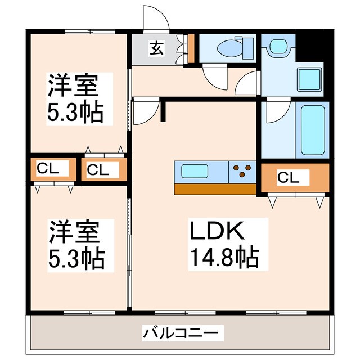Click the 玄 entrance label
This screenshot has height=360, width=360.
tap(156, 48)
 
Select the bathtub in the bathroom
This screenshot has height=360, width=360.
tap(313, 130)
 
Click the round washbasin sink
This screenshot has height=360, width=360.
tap(278, 47)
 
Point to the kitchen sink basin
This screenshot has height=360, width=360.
tap(195, 171)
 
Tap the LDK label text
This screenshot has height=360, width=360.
tap(217, 231)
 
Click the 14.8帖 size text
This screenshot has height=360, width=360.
tap(224, 256)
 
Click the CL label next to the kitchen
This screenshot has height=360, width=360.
tap(288, 177)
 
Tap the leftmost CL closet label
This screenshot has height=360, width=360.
tap(48, 169)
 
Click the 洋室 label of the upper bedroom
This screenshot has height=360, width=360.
tap(73, 85)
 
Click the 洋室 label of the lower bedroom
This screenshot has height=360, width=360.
tap(74, 232)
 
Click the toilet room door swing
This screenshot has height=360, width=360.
tap(215, 78)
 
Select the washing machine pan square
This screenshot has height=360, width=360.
tap(309, 79)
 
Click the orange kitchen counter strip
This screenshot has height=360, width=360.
tap(215, 189)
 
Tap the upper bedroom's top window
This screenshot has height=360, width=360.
tap(90, 31)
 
